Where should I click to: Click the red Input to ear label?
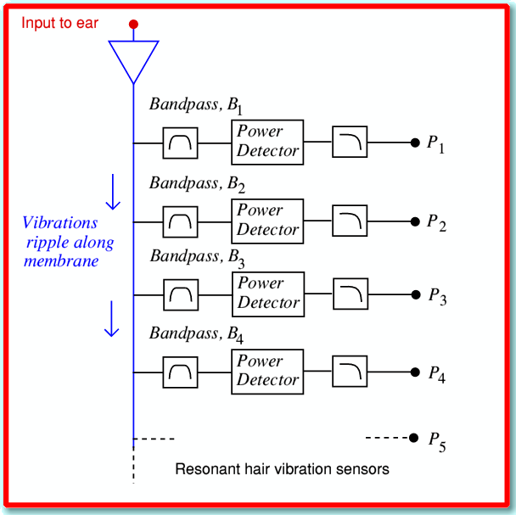(60, 23)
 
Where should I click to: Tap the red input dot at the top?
(133, 25)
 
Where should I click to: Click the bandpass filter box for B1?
(180, 143)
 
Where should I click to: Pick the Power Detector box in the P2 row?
(267, 221)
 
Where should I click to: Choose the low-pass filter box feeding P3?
(349, 294)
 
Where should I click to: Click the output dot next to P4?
(414, 372)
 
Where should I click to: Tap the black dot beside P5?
(413, 438)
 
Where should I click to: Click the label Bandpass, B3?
(196, 257)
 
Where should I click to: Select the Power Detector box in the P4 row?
(267, 371)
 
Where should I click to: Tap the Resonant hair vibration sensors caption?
(282, 468)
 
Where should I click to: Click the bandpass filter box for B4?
(180, 372)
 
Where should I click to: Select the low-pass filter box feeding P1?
(348, 143)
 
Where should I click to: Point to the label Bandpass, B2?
(196, 183)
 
